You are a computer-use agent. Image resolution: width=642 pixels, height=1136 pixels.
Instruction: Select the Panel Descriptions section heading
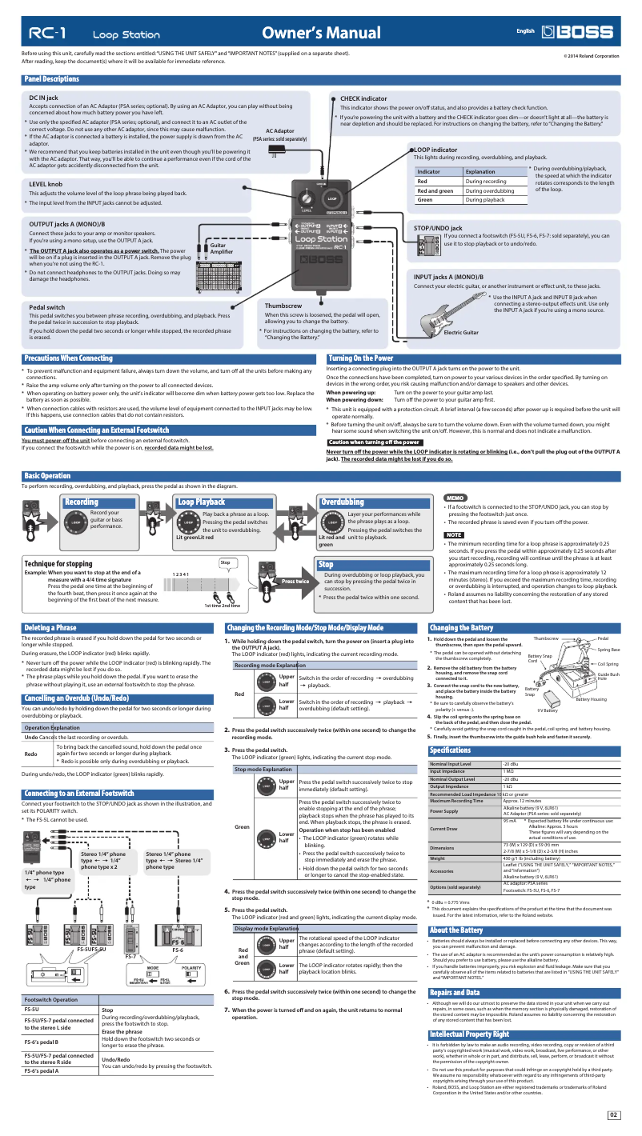(52, 79)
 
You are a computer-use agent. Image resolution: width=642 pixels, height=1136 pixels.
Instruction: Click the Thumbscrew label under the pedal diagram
(283, 306)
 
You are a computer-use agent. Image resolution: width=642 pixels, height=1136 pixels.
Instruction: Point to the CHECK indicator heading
(363, 98)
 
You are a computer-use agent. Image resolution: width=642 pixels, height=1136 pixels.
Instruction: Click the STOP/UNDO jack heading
(438, 229)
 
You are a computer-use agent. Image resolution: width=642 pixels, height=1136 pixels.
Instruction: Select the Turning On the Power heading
(361, 358)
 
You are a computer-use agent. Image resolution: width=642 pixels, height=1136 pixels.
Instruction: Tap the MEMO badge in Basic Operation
(455, 498)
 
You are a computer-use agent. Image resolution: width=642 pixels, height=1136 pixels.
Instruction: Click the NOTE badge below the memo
(454, 534)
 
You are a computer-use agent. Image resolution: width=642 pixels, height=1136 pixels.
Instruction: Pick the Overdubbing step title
(342, 502)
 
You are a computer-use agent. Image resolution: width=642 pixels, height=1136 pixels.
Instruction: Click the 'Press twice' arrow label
(296, 582)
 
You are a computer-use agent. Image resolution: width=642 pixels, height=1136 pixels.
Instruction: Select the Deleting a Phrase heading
(50, 628)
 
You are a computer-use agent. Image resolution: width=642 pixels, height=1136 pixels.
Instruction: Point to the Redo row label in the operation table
(31, 754)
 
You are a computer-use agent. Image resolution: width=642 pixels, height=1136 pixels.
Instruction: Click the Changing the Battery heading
(461, 628)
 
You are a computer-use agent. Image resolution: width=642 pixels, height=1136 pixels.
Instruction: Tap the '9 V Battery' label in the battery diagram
(548, 710)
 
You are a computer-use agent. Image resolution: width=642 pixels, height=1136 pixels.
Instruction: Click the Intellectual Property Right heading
(469, 1034)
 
